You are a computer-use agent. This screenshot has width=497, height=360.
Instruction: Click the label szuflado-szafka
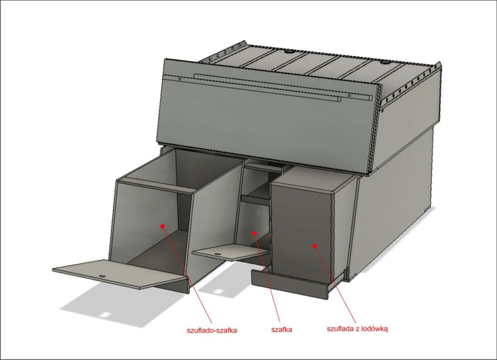(x=212, y=330)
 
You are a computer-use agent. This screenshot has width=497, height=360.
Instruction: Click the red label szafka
(x=282, y=329)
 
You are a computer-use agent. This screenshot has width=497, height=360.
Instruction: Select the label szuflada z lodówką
(x=357, y=328)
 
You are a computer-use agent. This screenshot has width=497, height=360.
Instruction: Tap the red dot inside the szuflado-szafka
(x=162, y=226)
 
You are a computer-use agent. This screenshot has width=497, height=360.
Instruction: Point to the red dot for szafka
(x=254, y=233)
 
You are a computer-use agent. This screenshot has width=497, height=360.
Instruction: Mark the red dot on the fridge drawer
(x=315, y=245)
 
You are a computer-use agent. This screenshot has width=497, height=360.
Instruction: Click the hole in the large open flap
(x=102, y=277)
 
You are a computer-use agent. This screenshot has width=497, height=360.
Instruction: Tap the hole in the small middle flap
(x=217, y=254)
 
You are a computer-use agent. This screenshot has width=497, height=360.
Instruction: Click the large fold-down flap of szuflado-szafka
(x=120, y=274)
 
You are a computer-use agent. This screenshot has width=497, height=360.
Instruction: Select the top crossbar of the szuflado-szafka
(x=157, y=185)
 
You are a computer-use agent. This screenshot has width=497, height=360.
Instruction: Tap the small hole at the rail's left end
(x=180, y=79)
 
